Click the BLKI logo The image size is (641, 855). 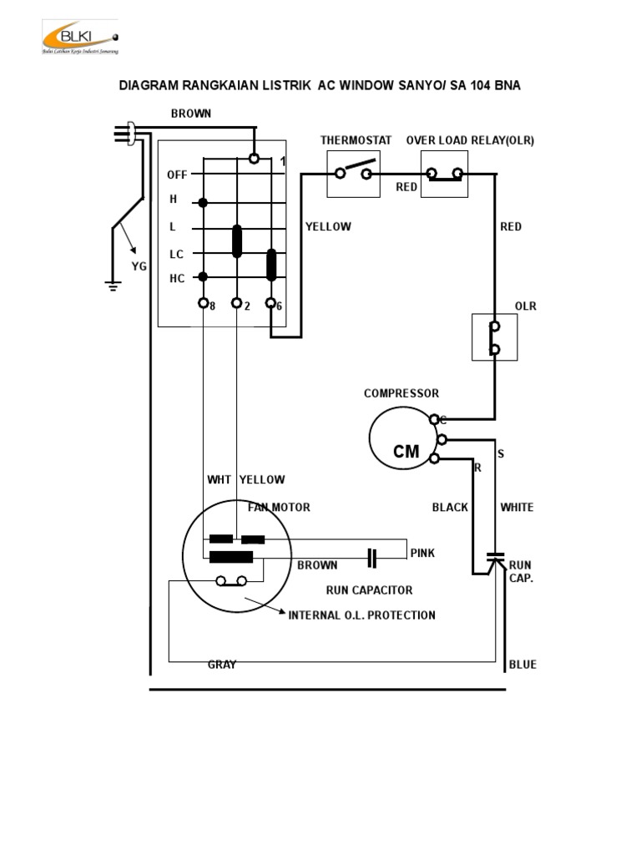coord(79,39)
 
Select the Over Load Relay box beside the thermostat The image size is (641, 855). coord(444,174)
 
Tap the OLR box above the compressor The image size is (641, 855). coord(494,336)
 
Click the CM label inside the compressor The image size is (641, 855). coord(406,452)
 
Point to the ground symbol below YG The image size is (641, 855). coord(112,286)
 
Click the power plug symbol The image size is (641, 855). coord(128,134)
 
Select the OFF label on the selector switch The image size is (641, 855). coord(177,175)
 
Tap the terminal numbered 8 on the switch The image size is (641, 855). coord(203,303)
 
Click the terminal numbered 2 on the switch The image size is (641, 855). coord(236,303)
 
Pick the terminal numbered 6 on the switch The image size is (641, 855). coord(271,303)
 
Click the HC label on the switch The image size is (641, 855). coord(177,279)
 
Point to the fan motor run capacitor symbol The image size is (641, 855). coord(372,554)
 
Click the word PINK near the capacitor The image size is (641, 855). coord(422,553)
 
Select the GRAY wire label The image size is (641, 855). coord(221,665)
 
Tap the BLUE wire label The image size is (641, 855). coord(522,665)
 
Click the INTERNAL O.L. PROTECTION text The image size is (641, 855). coord(361,615)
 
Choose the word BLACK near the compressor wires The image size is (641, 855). coord(450,507)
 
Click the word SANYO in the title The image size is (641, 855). coord(417,86)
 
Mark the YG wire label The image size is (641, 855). coord(139,266)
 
